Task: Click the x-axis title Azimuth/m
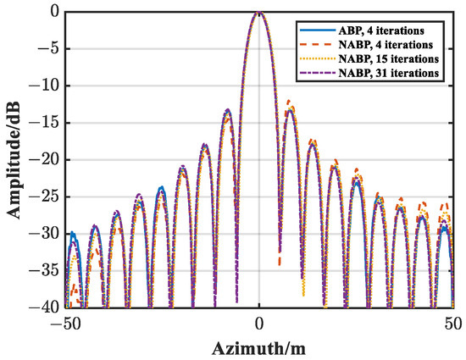(x=259, y=347)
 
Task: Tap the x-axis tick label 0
(x=259, y=323)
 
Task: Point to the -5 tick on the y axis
(x=47, y=49)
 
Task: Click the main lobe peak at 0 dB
(x=259, y=13)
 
